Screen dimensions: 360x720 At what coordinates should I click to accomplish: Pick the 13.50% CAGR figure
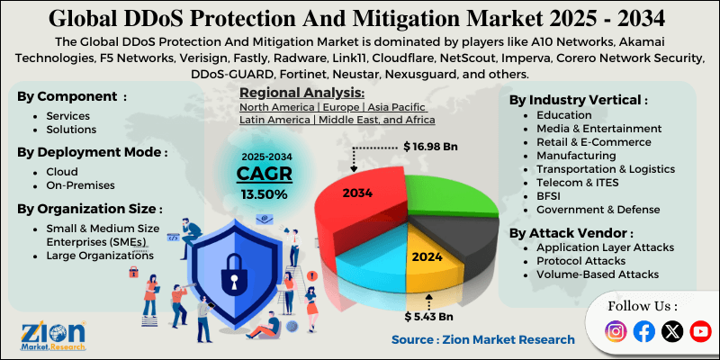(x=265, y=193)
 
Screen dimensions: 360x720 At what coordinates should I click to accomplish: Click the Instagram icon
(x=616, y=331)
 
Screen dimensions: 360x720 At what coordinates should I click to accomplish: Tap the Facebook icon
(x=643, y=331)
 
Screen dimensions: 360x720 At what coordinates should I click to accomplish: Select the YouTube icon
(x=699, y=331)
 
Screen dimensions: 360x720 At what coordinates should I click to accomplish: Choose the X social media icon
(x=671, y=331)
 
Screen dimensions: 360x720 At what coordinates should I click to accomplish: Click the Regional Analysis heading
(x=302, y=93)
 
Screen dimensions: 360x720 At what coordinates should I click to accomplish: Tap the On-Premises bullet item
(x=80, y=184)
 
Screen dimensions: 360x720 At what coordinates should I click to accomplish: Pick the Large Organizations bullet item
(x=99, y=256)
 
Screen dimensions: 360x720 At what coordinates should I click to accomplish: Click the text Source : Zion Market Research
(x=482, y=339)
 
